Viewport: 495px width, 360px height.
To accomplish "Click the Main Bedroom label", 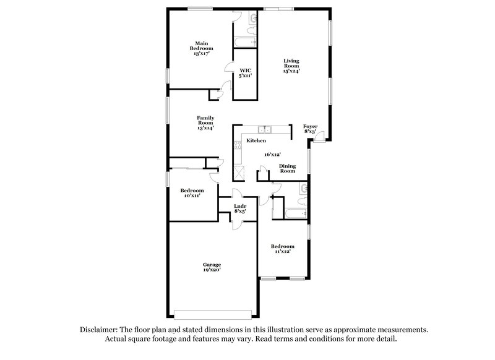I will click(x=203, y=48).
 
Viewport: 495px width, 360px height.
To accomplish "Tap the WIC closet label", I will click(x=245, y=74).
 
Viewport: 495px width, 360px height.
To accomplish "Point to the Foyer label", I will click(x=310, y=128).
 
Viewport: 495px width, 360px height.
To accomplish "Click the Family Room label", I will click(x=205, y=122).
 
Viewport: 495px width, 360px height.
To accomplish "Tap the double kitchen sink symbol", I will click(x=265, y=129).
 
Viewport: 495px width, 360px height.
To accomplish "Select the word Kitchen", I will click(x=256, y=141).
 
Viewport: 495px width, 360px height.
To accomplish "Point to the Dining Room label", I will click(x=288, y=168).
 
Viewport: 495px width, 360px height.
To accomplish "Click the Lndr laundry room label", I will click(x=240, y=208).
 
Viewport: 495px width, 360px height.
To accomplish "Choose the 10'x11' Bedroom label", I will click(x=192, y=193).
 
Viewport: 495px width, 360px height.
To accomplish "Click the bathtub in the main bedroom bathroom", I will click(x=243, y=42).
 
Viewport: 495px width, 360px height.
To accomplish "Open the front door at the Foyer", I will click(x=319, y=137).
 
